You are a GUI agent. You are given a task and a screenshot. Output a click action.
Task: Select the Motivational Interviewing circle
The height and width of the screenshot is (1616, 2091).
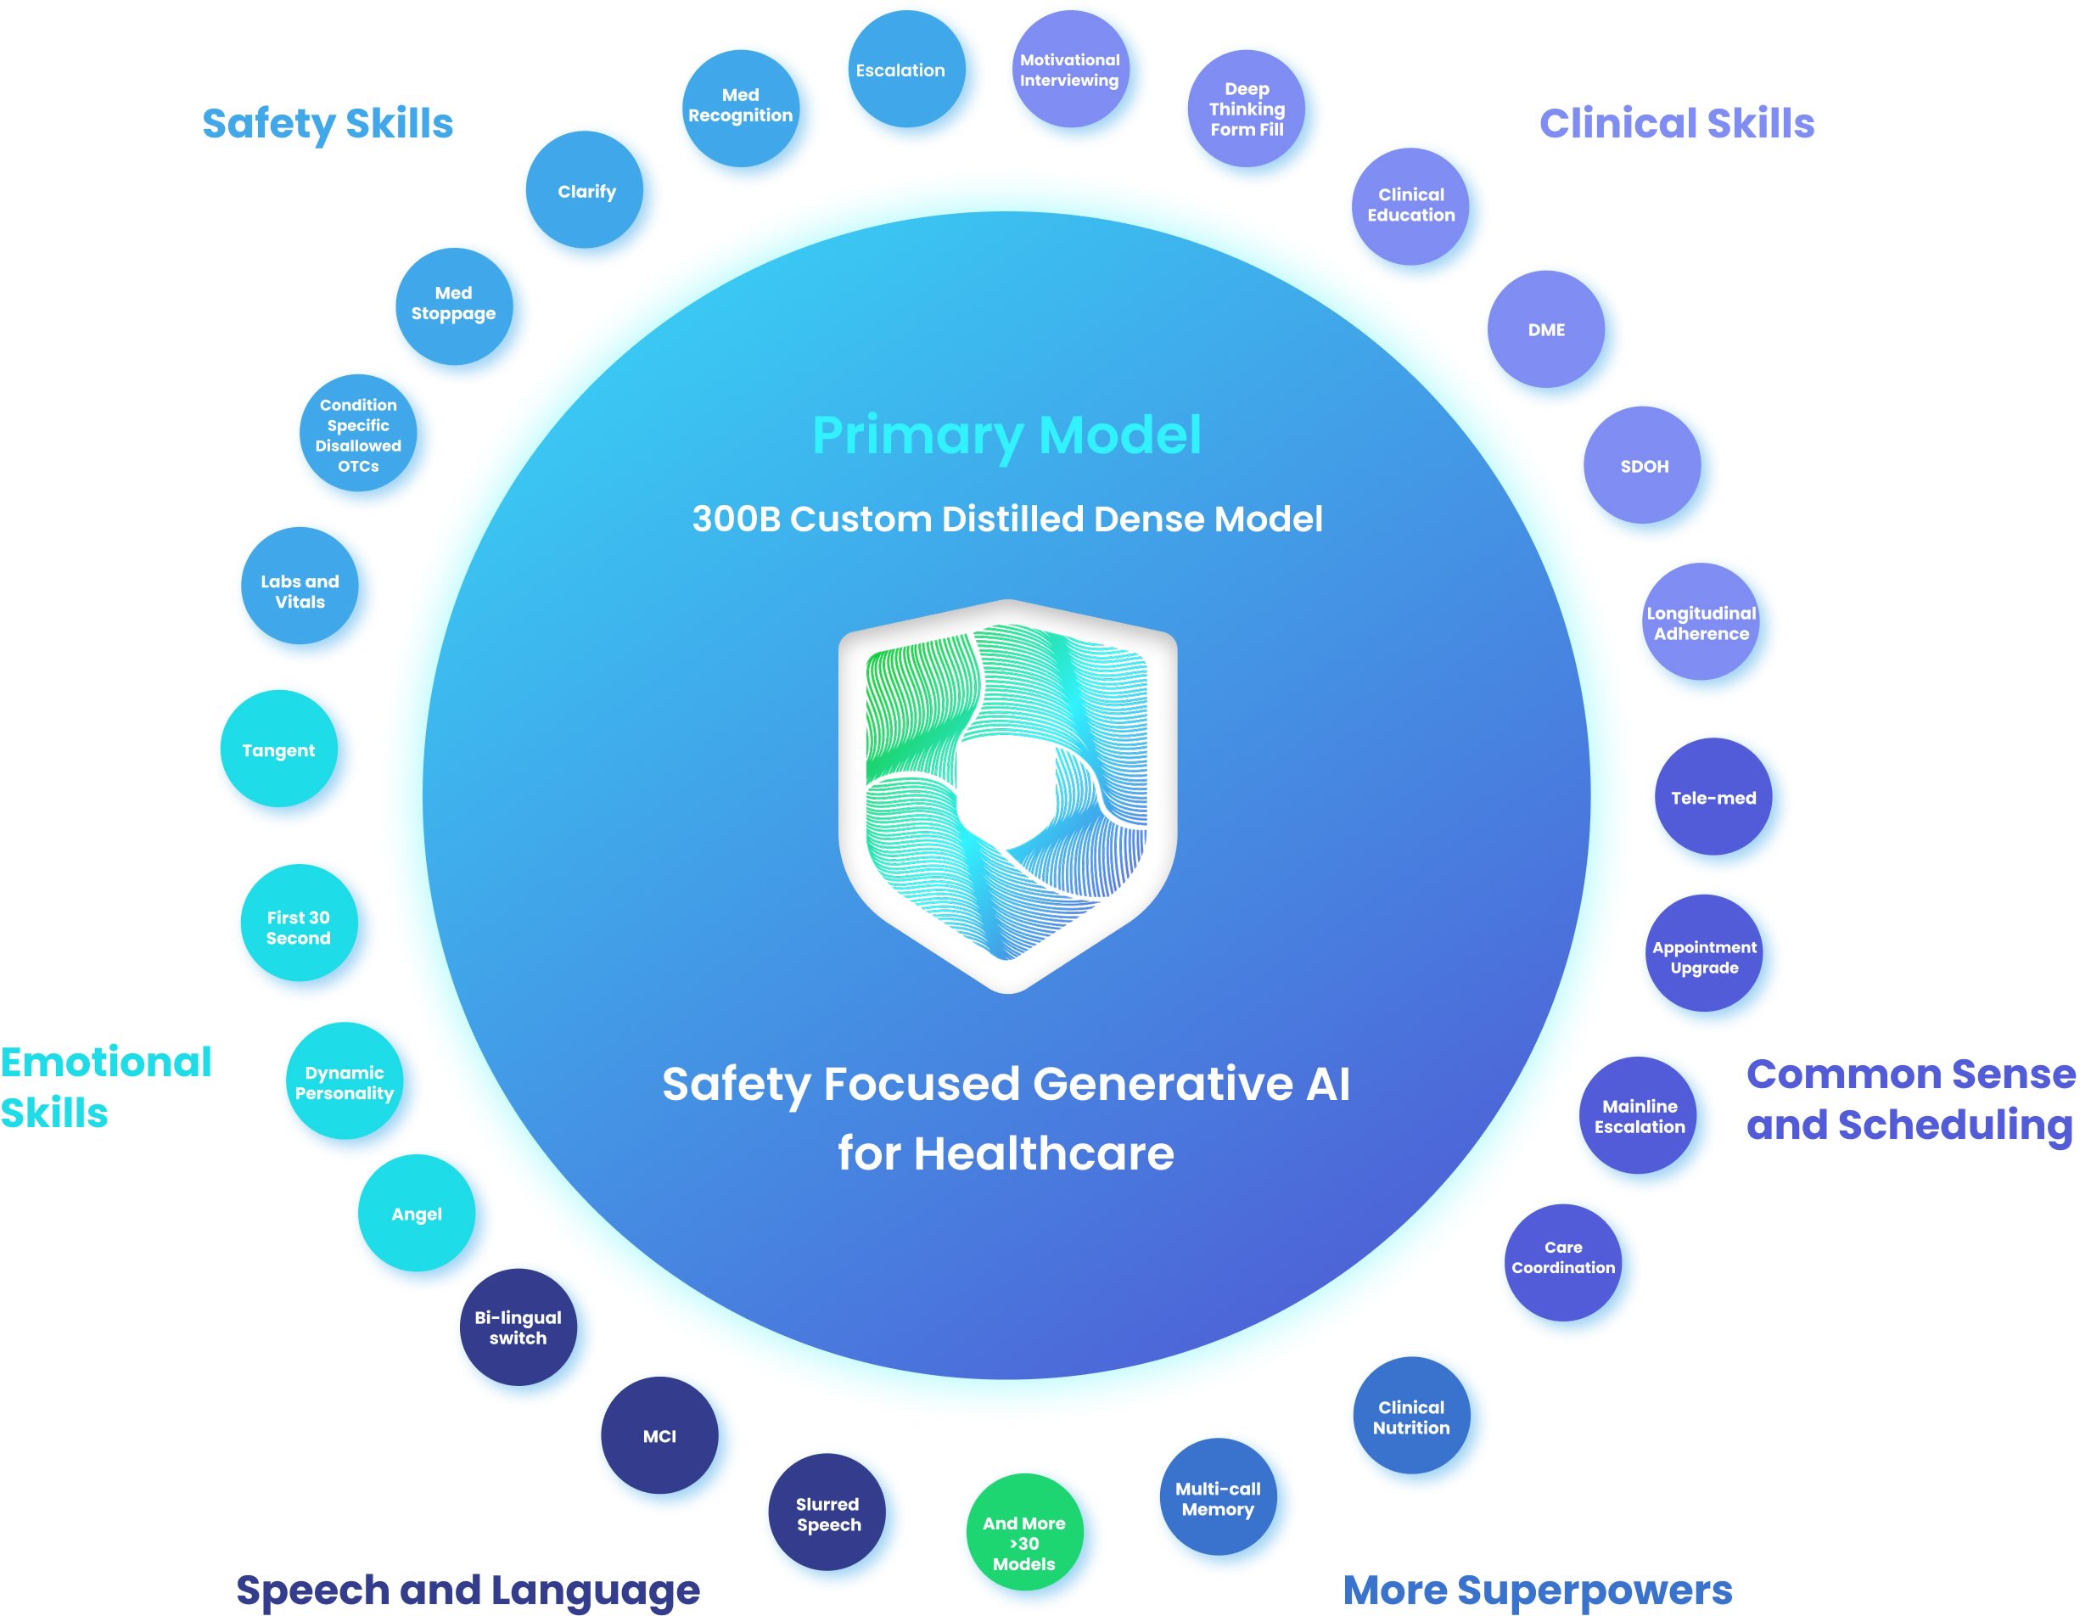1070,70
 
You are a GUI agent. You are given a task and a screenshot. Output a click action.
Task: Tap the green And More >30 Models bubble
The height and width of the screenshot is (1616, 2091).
1024,1532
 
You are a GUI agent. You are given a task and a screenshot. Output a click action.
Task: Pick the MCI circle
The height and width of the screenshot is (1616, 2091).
659,1435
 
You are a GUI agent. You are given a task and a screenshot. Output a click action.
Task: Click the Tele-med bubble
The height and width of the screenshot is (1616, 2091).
1713,796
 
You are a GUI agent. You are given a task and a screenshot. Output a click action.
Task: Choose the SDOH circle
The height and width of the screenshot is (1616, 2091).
1642,465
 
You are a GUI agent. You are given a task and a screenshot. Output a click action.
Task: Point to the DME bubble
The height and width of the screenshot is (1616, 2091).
1545,329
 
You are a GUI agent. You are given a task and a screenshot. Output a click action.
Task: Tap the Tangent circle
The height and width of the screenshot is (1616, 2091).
278,749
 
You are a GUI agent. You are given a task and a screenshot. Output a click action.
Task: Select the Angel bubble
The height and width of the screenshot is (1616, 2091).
417,1213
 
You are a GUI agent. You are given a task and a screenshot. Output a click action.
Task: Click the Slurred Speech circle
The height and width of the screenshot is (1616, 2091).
827,1512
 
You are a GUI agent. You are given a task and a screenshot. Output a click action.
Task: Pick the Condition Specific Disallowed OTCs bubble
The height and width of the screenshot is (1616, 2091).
358,434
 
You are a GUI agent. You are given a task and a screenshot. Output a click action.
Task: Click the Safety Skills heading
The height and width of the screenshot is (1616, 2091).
328,124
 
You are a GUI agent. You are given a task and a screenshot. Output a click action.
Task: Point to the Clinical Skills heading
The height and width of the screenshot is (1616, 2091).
1676,124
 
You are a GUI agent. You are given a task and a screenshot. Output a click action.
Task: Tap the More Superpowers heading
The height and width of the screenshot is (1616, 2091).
1537,1589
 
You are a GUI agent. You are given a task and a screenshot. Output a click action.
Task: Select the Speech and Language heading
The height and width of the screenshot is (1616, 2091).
468,1589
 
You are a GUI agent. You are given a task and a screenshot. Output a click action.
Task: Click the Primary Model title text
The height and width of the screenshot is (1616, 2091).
1006,435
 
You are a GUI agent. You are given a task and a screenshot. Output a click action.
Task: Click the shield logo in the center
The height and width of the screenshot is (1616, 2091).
1007,794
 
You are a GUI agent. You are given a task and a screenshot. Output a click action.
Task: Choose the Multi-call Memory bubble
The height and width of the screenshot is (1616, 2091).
1218,1497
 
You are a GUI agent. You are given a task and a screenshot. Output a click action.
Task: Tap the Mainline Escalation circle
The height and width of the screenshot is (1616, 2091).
1638,1115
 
